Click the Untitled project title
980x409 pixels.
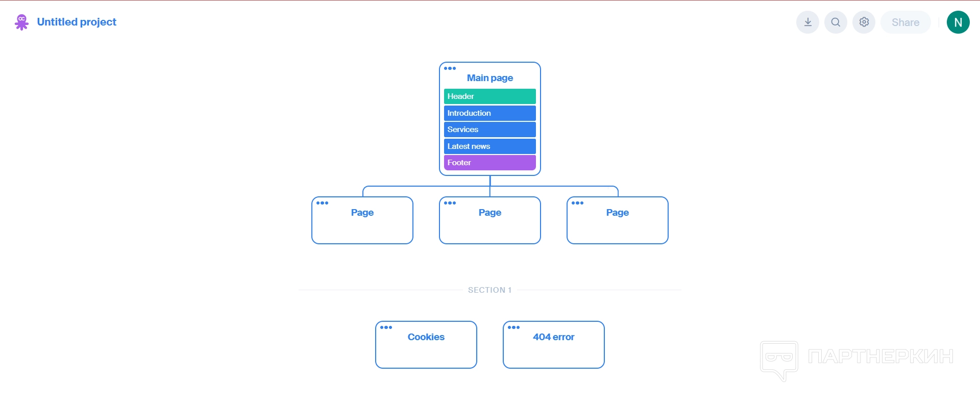coord(77,22)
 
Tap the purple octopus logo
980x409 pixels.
coord(21,22)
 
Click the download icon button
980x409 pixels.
coord(808,22)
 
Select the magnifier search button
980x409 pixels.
coord(836,22)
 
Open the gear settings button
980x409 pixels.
coord(864,22)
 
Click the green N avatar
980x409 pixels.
coord(959,22)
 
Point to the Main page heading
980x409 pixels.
coord(490,78)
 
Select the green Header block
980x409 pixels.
coord(490,96)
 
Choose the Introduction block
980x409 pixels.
coord(490,113)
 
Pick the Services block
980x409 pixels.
coord(490,130)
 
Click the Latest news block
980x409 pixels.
coord(490,146)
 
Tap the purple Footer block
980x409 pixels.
coord(490,163)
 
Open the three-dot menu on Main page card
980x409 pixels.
coord(450,68)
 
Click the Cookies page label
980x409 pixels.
coord(426,337)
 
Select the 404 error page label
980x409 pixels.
coord(554,337)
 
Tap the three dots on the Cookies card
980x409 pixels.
coord(386,327)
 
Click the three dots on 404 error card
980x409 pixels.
coord(513,327)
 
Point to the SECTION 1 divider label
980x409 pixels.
coord(490,290)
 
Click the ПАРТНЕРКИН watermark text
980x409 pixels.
coord(881,356)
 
